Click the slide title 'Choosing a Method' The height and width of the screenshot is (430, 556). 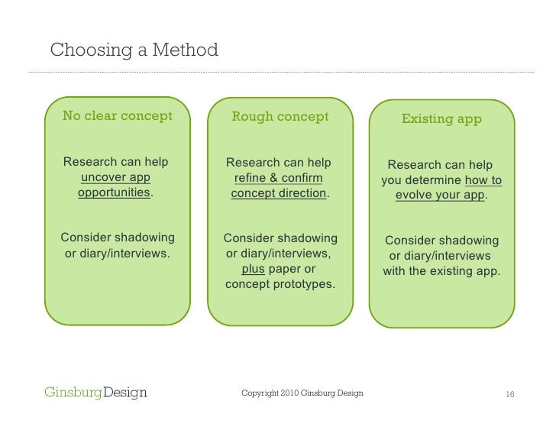click(x=134, y=51)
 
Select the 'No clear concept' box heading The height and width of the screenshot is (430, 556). click(x=117, y=116)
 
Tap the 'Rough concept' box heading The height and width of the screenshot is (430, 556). click(x=280, y=116)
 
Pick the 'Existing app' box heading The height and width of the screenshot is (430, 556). click(x=441, y=119)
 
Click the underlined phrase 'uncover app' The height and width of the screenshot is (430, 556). click(x=115, y=177)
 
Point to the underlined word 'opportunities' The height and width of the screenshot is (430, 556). click(x=114, y=192)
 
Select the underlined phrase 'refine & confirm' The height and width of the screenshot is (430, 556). click(x=278, y=178)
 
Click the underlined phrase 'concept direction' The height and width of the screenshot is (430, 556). click(x=279, y=193)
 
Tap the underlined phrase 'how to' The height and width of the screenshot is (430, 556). click(x=483, y=181)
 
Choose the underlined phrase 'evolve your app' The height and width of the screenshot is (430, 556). click(x=440, y=196)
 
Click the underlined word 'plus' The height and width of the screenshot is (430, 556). click(x=253, y=269)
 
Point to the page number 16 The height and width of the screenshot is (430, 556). click(x=509, y=394)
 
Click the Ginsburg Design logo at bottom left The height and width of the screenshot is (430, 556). click(x=95, y=393)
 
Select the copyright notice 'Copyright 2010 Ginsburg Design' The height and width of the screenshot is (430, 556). click(x=302, y=393)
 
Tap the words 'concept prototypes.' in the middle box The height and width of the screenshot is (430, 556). click(x=280, y=284)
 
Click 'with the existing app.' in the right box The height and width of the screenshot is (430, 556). click(x=441, y=271)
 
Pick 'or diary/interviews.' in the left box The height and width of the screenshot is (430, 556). click(x=117, y=253)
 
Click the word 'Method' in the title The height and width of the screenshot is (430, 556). click(x=186, y=51)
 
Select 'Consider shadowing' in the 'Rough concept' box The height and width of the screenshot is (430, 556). click(x=280, y=238)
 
